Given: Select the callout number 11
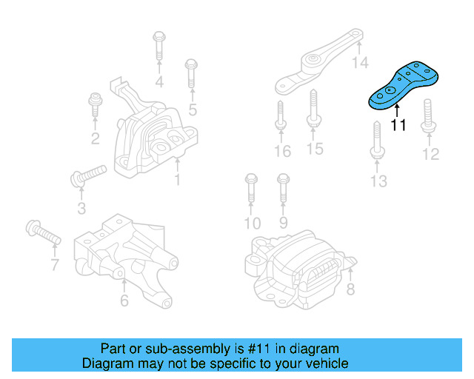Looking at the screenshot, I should tap(398, 125).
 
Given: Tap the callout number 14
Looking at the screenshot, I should tap(360, 63).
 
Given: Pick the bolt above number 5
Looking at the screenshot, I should tap(191, 73).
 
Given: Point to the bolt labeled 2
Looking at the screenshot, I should tap(95, 107).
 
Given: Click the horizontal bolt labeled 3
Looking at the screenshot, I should tap(87, 175).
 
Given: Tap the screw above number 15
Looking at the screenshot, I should tap(313, 110).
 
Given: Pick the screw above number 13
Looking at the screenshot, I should tap(377, 141).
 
